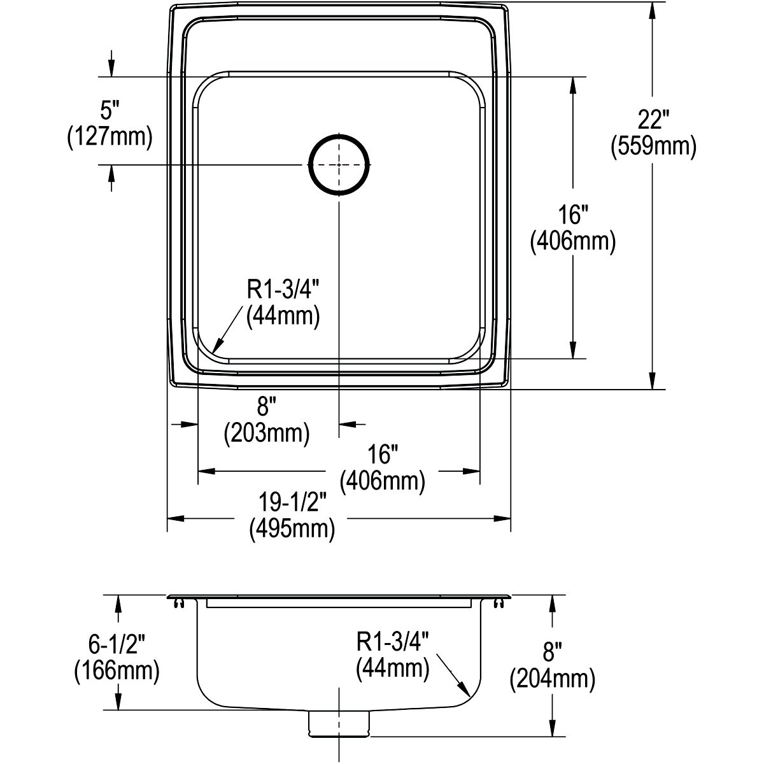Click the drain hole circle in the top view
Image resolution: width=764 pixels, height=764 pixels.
click(339, 136)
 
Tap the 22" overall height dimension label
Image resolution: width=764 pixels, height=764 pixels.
click(653, 119)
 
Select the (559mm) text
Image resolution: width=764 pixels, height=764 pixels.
click(653, 146)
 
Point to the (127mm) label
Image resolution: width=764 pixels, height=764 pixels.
click(110, 137)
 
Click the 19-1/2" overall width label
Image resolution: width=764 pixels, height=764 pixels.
click(292, 503)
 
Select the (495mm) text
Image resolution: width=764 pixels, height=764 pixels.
click(292, 529)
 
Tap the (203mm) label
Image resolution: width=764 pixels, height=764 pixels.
click(267, 434)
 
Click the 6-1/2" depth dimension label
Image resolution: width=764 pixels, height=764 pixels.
click(117, 644)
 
